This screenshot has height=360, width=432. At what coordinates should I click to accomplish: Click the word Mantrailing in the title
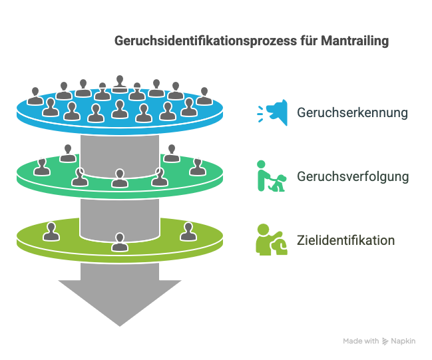click(x=355, y=41)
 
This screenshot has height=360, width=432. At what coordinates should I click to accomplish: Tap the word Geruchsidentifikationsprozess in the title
click(x=206, y=41)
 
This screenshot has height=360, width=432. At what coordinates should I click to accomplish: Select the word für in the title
click(x=309, y=41)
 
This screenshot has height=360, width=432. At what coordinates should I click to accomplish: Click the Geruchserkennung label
click(x=352, y=112)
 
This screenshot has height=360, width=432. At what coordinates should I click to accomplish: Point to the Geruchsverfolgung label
click(x=353, y=176)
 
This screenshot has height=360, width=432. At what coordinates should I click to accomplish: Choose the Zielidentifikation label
click(x=345, y=240)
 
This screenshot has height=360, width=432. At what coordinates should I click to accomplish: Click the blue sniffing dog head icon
click(x=272, y=112)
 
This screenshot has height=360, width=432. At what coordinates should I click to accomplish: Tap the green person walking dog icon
click(x=272, y=176)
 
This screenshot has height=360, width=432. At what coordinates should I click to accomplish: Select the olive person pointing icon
click(x=272, y=240)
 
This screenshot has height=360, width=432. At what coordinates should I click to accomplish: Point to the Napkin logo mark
click(x=385, y=341)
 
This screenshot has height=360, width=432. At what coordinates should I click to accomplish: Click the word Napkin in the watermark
click(x=403, y=341)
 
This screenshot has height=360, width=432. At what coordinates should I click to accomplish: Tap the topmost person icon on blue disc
click(x=120, y=84)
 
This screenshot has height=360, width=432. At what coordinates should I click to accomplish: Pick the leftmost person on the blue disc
click(x=35, y=96)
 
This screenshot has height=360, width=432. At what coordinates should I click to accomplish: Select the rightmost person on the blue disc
click(x=204, y=96)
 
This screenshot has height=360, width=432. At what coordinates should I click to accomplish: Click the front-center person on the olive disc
click(x=120, y=242)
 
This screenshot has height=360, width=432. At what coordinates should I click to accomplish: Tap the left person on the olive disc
click(x=51, y=232)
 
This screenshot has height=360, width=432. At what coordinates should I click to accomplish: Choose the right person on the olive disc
click(x=188, y=232)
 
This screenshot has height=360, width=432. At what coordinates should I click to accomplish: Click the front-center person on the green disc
click(x=120, y=178)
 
